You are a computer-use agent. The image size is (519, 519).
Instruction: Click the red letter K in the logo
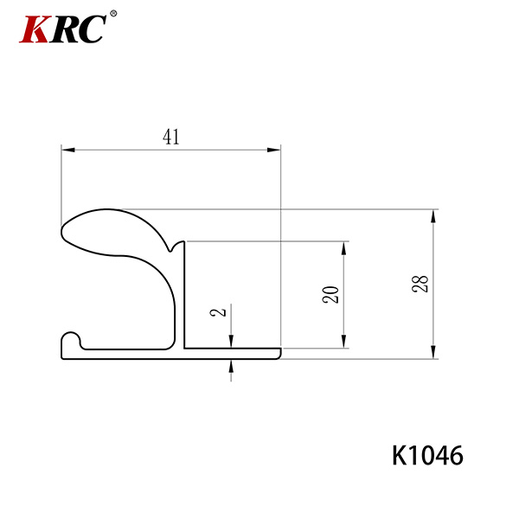pyautogui.click(x=35, y=29)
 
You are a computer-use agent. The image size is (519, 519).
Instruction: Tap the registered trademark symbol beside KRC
pyautogui.click(x=113, y=14)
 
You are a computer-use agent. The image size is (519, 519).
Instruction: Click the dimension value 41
pyautogui.click(x=171, y=137)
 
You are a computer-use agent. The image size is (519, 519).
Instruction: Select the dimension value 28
pyautogui.click(x=420, y=284)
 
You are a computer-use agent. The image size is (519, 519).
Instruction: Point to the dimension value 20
pyautogui.click(x=330, y=295)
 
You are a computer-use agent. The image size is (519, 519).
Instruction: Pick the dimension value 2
pyautogui.click(x=218, y=312)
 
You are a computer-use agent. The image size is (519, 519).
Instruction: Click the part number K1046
pyautogui.click(x=427, y=456)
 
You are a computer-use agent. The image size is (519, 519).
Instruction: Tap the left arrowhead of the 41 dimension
pyautogui.click(x=67, y=150)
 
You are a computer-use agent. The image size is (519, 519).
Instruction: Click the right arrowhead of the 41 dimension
pyautogui.click(x=274, y=150)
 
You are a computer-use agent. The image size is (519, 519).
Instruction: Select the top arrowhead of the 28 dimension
pyautogui.click(x=433, y=216)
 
